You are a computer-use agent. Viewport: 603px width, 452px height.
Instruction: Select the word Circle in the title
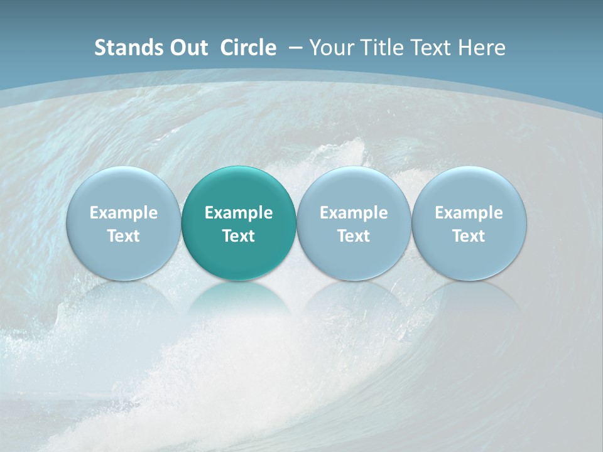tap(248, 48)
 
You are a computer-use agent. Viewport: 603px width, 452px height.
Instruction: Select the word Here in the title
tap(482, 48)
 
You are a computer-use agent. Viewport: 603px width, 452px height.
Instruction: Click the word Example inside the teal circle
tap(239, 213)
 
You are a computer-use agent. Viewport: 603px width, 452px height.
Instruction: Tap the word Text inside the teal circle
tap(239, 236)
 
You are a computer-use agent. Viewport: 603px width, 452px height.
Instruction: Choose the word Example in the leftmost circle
tap(124, 213)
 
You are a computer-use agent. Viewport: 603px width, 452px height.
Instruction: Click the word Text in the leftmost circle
tap(124, 236)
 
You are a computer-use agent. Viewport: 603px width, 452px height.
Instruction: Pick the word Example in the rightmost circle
tap(469, 213)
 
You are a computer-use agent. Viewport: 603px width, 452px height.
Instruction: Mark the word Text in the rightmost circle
tap(469, 236)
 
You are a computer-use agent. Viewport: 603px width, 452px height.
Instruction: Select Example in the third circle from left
tap(354, 213)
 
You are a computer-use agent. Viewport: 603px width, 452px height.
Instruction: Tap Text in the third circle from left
tap(354, 236)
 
